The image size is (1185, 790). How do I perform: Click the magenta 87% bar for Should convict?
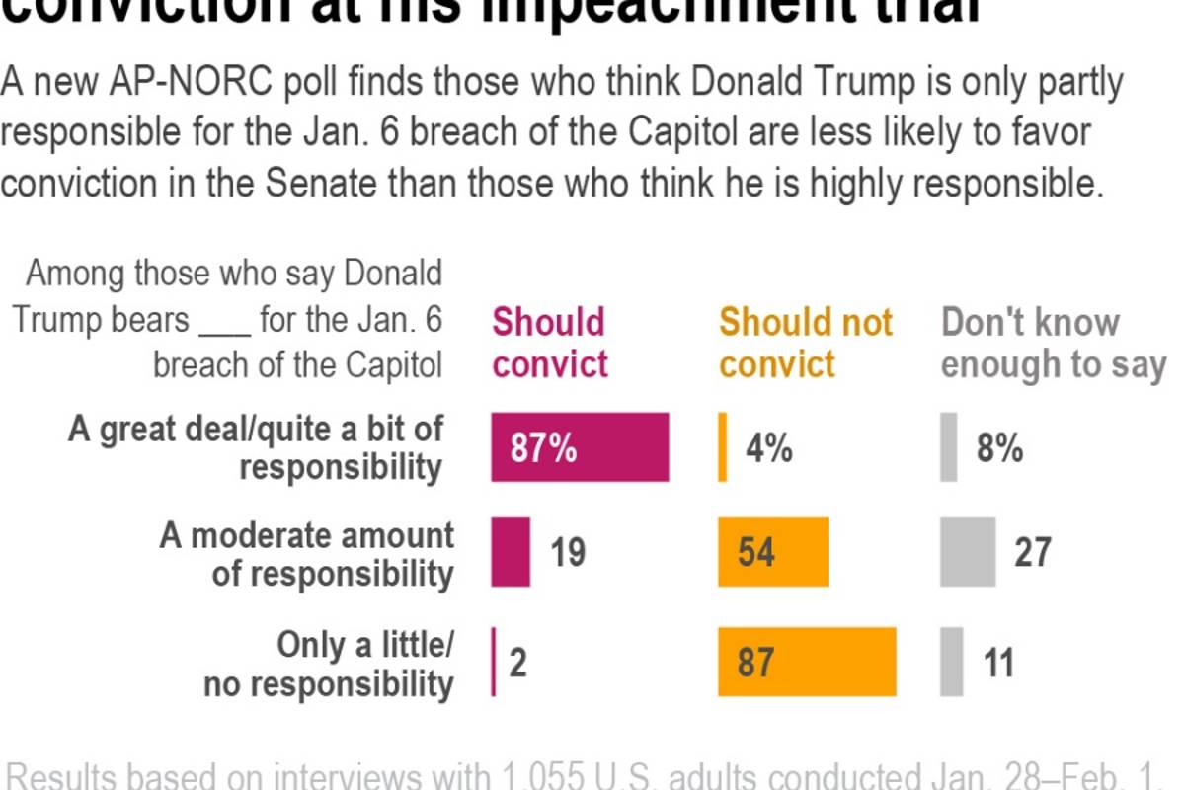pos(580,447)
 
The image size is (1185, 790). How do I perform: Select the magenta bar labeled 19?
pos(511,552)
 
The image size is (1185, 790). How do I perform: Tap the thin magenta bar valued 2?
pos(494,662)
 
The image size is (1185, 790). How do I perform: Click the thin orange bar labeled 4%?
pos(723,447)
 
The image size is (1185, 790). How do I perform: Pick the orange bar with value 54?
pos(773,552)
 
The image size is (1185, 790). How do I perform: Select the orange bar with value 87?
pos(807,662)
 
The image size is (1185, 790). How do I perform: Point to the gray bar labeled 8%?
pos(949,447)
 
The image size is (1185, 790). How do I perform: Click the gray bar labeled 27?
pos(968,552)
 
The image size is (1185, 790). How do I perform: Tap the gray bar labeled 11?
pos(952,662)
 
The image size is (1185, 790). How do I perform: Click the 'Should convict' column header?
pos(550,344)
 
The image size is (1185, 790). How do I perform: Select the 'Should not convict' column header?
pos(805,344)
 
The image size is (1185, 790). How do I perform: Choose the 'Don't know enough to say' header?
pos(1053,344)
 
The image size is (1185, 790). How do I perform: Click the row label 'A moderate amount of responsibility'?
pos(307,554)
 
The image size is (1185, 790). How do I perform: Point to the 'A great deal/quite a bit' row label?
pos(256,447)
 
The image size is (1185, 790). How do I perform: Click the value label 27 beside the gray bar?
pos(1032,552)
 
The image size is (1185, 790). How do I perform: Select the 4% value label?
pos(769,449)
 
